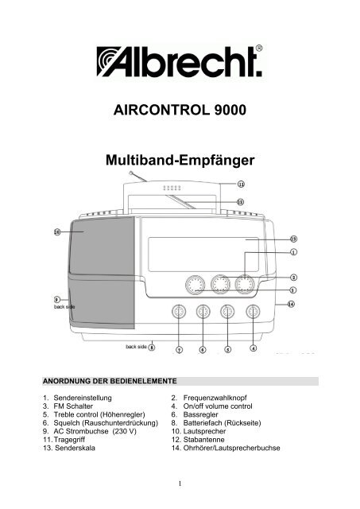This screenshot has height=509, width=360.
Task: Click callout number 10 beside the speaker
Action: pos(57,232)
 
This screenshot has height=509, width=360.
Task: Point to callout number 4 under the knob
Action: pos(254,348)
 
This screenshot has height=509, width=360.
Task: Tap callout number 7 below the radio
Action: pos(179,349)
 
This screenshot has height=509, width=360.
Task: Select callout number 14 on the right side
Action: pos(291,303)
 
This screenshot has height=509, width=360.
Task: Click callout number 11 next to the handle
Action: pos(240,184)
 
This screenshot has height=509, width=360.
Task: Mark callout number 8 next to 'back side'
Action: pos(152,347)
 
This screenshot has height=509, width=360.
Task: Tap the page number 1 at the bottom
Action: pos(180,481)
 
